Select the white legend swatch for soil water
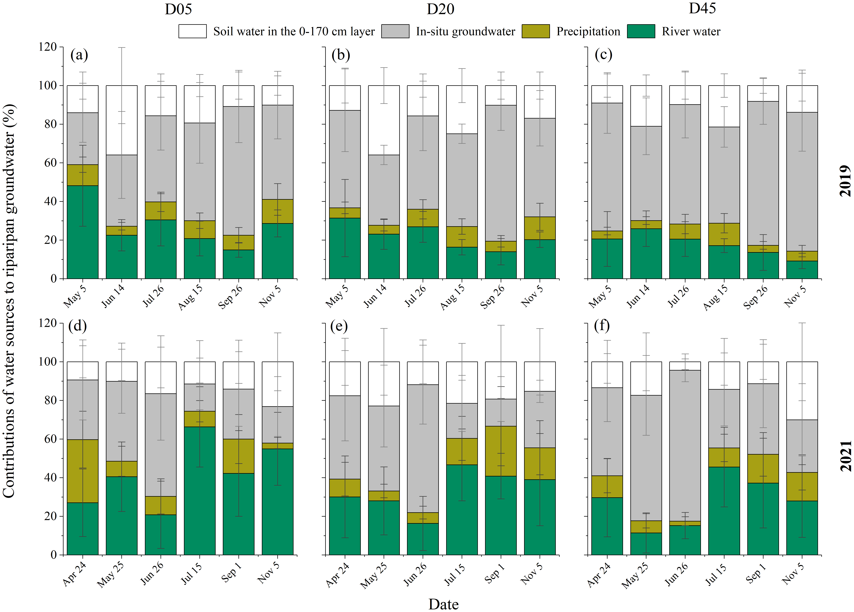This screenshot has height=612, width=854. (192, 31)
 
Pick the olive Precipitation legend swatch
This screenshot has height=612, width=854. (535, 31)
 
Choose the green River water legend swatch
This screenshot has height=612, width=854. (641, 31)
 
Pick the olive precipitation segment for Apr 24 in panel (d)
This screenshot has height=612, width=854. (82, 471)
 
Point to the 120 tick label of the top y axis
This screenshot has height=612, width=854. (47, 47)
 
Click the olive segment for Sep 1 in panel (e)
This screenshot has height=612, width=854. (500, 451)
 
